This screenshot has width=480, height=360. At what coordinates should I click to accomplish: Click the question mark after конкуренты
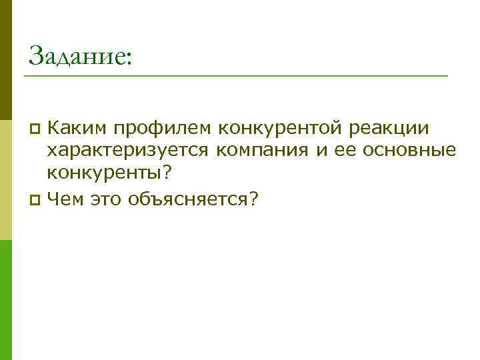point(167,173)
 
